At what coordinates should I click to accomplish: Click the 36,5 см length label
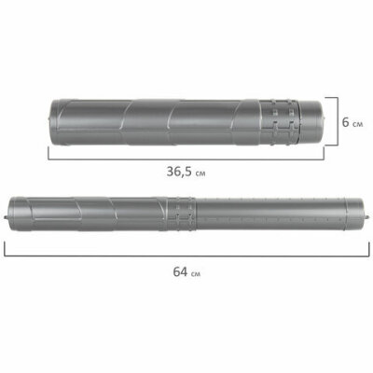tap(186, 172)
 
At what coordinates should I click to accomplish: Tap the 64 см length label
tap(186, 272)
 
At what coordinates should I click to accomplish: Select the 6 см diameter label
tap(352, 122)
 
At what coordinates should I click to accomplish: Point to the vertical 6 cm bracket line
tap(338, 121)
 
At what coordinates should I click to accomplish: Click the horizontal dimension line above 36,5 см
tap(186, 159)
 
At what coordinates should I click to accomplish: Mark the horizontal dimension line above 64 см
tap(186, 256)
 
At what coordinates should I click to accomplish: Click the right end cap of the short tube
tap(312, 121)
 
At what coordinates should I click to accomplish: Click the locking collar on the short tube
tap(280, 122)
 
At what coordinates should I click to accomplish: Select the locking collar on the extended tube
tap(181, 214)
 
